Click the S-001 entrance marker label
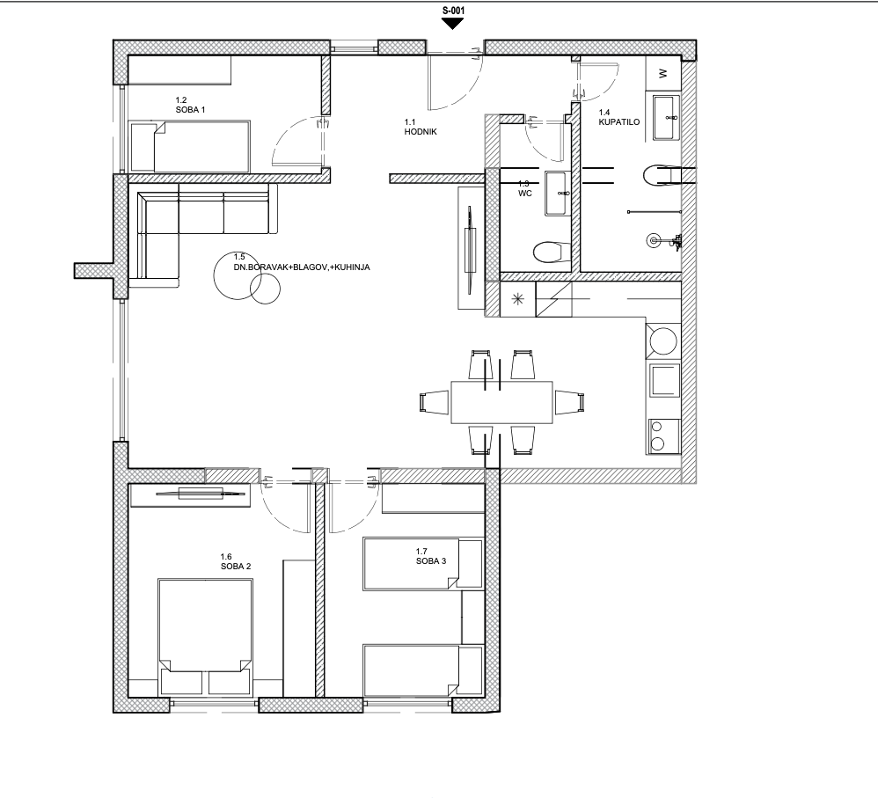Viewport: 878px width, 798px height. click(x=453, y=10)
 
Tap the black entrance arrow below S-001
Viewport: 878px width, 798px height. click(x=452, y=24)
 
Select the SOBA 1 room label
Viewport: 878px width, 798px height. click(x=190, y=110)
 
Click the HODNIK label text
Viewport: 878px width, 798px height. click(x=421, y=132)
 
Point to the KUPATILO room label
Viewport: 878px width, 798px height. click(x=618, y=122)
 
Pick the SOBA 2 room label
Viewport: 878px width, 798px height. click(x=236, y=566)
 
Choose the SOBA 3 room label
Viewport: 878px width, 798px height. click(x=431, y=560)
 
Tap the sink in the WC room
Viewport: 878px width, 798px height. click(x=557, y=194)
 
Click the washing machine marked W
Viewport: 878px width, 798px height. click(x=663, y=73)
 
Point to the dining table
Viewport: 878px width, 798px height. click(x=501, y=403)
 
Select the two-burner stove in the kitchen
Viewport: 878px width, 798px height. click(x=664, y=436)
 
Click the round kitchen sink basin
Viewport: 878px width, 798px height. click(x=663, y=341)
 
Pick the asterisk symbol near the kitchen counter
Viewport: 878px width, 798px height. click(x=518, y=300)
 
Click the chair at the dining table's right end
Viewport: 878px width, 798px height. click(x=570, y=402)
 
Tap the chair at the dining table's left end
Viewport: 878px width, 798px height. click(x=434, y=403)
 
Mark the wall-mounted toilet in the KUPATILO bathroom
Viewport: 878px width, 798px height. click(x=663, y=175)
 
